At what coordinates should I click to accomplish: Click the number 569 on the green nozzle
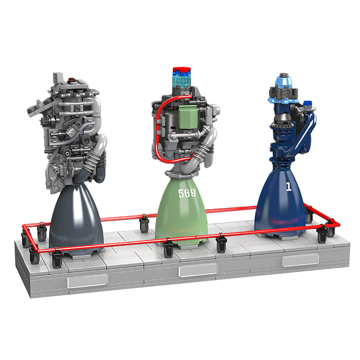(187, 193)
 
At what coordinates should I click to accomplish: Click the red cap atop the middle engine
(182, 71)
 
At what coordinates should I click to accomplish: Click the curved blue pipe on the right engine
(306, 130)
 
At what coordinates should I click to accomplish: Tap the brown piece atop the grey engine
(71, 81)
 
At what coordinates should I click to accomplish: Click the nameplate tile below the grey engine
(88, 280)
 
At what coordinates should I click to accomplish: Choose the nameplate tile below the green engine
(198, 270)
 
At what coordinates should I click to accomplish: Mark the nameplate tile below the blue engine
(300, 260)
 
